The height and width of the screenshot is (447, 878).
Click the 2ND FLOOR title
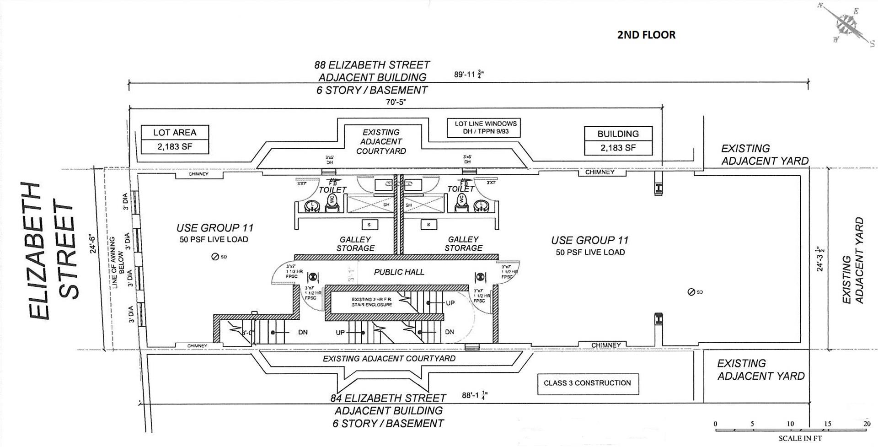[646, 35]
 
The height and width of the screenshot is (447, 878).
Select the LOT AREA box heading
[175, 133]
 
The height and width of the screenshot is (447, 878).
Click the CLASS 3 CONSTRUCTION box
[587, 383]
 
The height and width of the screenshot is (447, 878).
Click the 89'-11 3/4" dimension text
[469, 75]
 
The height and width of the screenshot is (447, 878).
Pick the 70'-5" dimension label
[396, 102]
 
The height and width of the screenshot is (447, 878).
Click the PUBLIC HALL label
[399, 272]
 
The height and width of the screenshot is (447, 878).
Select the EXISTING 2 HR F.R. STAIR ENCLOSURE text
[372, 302]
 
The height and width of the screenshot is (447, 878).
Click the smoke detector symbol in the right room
[691, 292]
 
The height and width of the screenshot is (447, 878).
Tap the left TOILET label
[332, 189]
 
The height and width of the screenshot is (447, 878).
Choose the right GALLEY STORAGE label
[463, 243]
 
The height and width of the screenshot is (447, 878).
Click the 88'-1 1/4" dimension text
[474, 395]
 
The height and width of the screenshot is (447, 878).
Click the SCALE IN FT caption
[800, 438]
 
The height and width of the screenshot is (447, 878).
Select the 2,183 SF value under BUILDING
[618, 148]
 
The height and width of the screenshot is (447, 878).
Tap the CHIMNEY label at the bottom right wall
[606, 345]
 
